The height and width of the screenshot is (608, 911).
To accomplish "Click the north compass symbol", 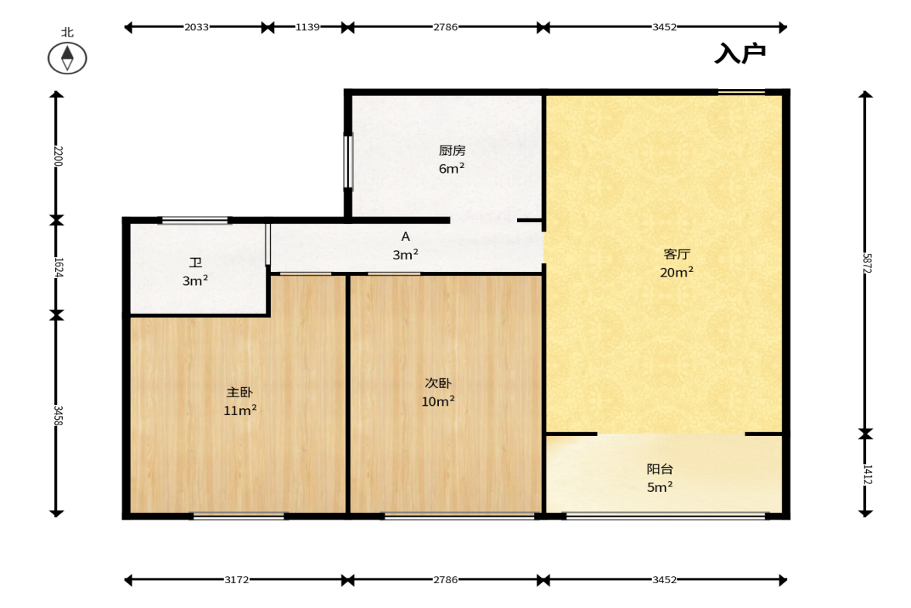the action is [x=67, y=58].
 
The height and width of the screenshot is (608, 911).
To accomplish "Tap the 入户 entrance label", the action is [x=740, y=53].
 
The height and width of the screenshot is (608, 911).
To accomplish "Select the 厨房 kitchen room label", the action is [x=452, y=150].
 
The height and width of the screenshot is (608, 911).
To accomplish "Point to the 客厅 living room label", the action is [x=676, y=254].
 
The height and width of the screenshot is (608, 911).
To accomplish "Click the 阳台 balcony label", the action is [x=659, y=469].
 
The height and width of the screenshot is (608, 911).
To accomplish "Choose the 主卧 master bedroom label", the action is [x=239, y=393].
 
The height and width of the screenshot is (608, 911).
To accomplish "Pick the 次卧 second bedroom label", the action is [x=438, y=383].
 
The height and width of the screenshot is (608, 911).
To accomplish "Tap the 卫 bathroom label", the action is [x=196, y=263].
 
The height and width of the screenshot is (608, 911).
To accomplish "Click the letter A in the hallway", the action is [x=406, y=236].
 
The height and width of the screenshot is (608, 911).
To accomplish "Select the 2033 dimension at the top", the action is [x=197, y=27].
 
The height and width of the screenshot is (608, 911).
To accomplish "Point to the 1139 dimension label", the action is [x=307, y=27].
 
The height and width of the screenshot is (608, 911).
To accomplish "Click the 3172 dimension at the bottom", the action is [x=237, y=579].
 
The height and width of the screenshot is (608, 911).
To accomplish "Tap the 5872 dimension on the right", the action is [x=866, y=263].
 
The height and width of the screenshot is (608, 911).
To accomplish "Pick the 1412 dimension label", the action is [x=866, y=474].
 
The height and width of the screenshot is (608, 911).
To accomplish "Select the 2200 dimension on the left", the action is [x=57, y=156].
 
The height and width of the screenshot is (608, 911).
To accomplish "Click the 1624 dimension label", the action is [x=57, y=267].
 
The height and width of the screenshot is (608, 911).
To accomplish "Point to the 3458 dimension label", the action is [x=57, y=416].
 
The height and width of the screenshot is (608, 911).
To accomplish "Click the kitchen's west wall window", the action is [x=348, y=162].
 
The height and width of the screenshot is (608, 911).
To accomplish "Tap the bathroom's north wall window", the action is [x=194, y=220].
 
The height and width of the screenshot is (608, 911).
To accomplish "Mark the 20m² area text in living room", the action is [x=676, y=272].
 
